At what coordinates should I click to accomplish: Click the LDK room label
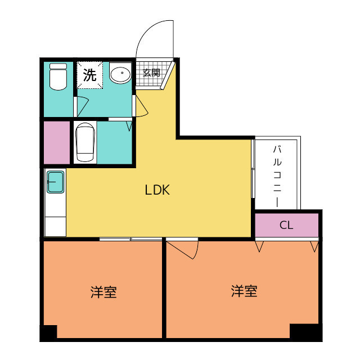click(x=157, y=190)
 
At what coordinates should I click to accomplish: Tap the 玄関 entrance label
click(x=151, y=73)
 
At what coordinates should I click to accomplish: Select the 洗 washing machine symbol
click(x=89, y=75)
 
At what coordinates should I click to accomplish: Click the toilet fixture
click(x=58, y=76)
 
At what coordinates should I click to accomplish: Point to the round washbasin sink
click(x=120, y=73)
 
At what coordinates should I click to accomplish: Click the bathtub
click(x=85, y=142)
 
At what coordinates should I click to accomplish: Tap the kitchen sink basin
click(x=55, y=182)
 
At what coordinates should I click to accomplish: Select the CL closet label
click(x=286, y=225)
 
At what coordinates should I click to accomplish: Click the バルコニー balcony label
click(x=277, y=176)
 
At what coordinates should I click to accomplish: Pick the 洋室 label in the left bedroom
click(x=103, y=292)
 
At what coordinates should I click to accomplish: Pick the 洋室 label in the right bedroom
click(x=244, y=291)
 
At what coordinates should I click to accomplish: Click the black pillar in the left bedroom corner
click(x=48, y=333)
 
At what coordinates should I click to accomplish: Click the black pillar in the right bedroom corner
click(x=305, y=332)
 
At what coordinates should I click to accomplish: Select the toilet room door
click(x=81, y=107)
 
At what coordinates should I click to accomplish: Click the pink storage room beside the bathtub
click(x=57, y=142)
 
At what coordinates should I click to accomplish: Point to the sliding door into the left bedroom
click(x=130, y=239)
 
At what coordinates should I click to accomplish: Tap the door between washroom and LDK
click(x=140, y=106)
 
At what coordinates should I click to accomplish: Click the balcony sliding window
click(x=253, y=169)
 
